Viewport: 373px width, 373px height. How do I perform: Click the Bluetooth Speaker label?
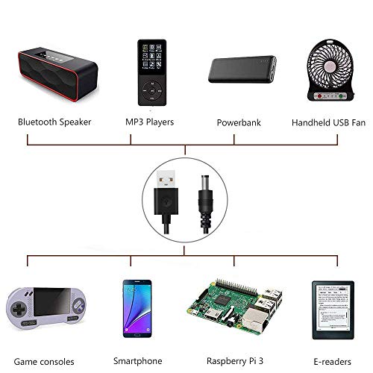(x=54, y=122)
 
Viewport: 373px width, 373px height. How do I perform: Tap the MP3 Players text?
(x=149, y=122)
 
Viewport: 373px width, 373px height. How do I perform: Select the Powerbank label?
(x=239, y=122)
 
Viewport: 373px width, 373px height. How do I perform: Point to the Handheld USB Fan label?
(x=328, y=122)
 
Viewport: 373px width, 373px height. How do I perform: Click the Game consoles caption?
(x=44, y=362)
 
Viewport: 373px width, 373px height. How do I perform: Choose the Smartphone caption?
(x=138, y=361)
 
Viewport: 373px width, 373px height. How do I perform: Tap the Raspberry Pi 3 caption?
(x=235, y=361)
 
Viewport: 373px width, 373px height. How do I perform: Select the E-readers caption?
(x=332, y=362)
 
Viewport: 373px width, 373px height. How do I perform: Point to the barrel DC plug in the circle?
(x=205, y=203)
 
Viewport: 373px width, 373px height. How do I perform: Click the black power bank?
(x=242, y=69)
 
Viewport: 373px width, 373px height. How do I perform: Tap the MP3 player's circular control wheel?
(x=152, y=91)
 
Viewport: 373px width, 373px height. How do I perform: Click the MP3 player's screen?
(x=152, y=57)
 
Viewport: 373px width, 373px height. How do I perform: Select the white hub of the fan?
(x=330, y=67)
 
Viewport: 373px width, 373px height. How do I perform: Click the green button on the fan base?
(x=342, y=96)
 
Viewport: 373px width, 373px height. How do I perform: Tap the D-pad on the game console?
(x=19, y=309)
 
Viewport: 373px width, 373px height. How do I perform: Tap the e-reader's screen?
(x=333, y=307)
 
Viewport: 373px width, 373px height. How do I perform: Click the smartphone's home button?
(x=137, y=335)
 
